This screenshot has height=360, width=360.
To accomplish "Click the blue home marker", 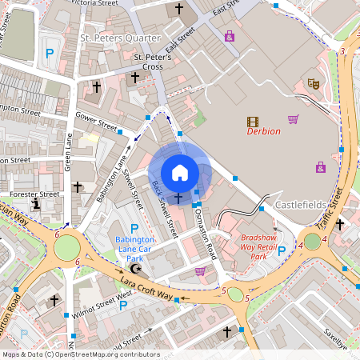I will pos(180,172).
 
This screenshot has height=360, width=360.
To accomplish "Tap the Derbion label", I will pos(263,131).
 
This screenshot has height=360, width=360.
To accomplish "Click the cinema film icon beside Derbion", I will pos(253,122).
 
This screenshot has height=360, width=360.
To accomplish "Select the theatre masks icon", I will pos(314,83).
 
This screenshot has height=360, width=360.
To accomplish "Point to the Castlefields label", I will pos(302,206).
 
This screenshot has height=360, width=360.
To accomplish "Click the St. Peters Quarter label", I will pos(119,37).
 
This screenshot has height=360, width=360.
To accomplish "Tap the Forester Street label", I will pos(34,194).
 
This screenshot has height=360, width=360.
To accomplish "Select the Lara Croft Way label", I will pos(146,290).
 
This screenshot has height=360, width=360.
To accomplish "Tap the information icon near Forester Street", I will pos(36,205).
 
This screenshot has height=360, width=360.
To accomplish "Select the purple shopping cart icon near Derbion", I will pos(294,119).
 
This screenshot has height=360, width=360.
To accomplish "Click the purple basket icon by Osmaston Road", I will pos(199,271).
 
